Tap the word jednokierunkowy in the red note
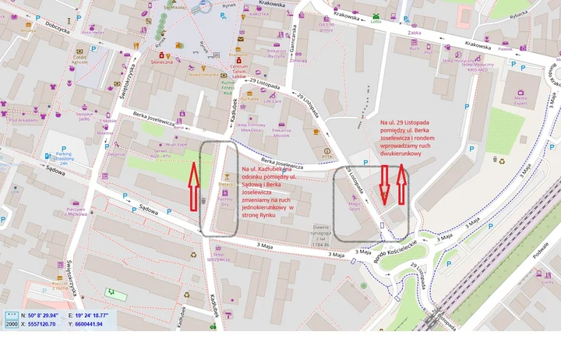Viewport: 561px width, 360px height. click(266, 208)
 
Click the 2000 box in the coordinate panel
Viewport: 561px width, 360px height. click(12, 323)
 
